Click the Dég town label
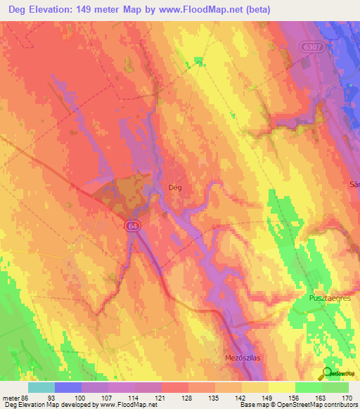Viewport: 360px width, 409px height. tap(176, 188)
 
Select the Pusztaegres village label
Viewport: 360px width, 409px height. tap(330, 299)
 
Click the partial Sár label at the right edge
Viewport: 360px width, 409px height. tap(354, 185)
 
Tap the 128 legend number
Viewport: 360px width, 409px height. tap(188, 398)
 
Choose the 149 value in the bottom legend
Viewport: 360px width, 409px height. tap(269, 398)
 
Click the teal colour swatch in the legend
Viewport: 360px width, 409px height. tap(41, 387)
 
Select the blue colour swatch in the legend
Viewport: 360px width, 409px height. tap(68, 387)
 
